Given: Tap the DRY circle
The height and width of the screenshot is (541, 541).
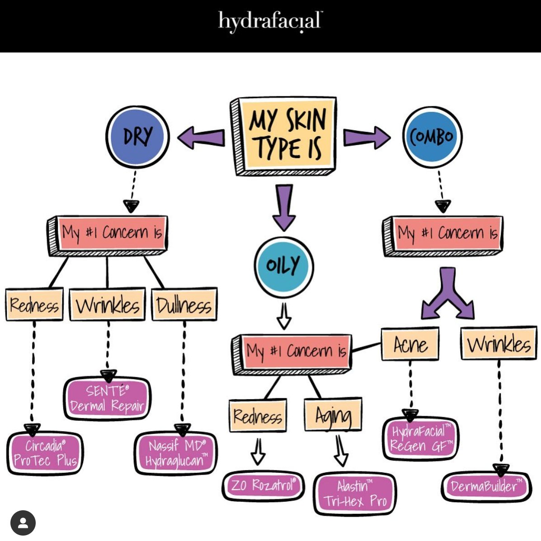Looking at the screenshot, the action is coord(138,137).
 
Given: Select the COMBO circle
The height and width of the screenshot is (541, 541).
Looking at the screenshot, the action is coord(433,137).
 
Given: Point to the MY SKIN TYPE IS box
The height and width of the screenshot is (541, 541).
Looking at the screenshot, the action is coord(283,136).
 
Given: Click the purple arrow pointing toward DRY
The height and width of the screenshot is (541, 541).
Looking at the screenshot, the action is coord(201,137).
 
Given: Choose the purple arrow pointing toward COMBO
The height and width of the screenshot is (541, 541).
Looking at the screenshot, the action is coord(367,137).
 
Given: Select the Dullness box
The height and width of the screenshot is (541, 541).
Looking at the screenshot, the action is coord(184,304).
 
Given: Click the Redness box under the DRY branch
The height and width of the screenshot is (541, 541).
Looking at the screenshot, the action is coord(34,305).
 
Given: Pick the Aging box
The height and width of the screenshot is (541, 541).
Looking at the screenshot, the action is coord(333,414).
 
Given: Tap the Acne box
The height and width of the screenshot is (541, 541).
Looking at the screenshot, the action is coord(410,343).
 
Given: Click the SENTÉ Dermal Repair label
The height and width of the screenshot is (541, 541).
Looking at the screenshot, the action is coord(107,399).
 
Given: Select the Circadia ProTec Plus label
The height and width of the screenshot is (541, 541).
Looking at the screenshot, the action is coord(45,453).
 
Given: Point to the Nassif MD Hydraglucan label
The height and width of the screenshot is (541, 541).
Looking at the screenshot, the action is coord(176,453).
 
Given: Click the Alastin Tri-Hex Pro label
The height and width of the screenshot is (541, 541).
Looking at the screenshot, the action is coord(355,494).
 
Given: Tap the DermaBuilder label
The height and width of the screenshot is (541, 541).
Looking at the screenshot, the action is coord(486,486).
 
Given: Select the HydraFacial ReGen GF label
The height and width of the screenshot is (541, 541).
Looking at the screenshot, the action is coord(421,439).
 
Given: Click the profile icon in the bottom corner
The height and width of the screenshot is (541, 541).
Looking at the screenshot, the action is coord(23,523).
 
